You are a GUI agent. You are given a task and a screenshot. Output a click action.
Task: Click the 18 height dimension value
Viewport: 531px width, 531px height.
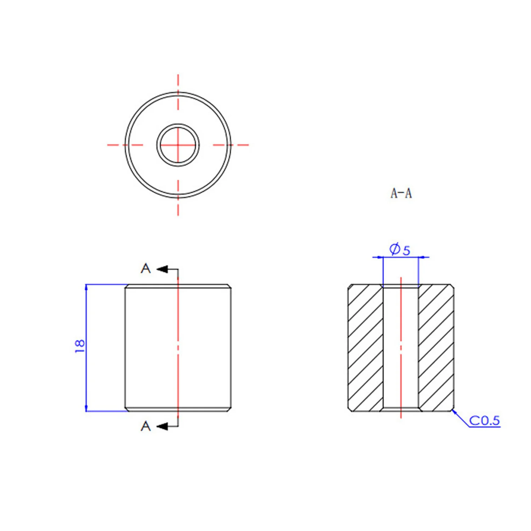80,346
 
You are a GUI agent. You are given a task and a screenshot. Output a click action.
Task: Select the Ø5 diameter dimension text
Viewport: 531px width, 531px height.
400,249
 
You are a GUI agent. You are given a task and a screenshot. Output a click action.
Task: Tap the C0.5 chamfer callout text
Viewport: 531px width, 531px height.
484,421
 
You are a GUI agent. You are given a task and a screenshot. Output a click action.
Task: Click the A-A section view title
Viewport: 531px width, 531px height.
401,193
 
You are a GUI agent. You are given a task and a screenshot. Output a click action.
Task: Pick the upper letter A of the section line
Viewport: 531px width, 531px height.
145,268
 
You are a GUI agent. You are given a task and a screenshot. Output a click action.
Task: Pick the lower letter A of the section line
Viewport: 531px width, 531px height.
145,426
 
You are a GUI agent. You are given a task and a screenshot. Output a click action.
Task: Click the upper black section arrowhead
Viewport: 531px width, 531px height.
162,269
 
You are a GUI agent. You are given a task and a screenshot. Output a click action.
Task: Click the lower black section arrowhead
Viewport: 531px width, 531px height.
162,426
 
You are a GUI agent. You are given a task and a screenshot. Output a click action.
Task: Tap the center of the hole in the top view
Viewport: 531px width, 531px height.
178,145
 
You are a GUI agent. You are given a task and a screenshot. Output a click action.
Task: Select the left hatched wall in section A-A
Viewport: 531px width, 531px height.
366,348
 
